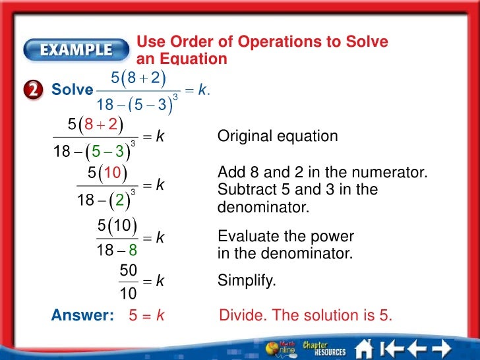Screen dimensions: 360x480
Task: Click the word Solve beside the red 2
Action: tap(73, 91)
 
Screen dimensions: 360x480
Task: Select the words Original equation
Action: tap(278, 136)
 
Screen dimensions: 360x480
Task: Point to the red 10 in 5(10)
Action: tap(111, 174)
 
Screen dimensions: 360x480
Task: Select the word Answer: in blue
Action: tap(82, 316)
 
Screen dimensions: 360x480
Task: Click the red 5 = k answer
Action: tap(146, 316)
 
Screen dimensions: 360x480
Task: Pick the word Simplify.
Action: tap(247, 281)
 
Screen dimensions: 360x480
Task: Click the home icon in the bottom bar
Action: tap(365, 347)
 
